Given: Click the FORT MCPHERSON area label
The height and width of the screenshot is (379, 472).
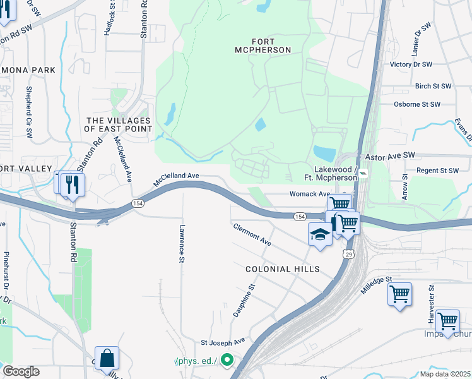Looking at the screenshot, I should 263,44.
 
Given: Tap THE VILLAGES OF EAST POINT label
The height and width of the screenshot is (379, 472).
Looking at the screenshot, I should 119,124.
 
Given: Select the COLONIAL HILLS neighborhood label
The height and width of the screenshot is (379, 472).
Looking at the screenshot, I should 282,269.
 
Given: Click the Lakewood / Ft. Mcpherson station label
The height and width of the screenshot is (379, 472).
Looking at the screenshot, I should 331,174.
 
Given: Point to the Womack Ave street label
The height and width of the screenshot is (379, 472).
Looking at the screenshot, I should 309,194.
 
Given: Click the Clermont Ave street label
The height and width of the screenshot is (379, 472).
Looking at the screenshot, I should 252,234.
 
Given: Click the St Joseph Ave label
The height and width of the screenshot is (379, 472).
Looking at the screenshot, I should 222,342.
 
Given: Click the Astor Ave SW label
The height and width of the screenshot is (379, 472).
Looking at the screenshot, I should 390,155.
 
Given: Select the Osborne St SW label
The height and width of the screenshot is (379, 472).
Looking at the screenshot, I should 422,104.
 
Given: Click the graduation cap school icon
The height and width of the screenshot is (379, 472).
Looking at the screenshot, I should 320,234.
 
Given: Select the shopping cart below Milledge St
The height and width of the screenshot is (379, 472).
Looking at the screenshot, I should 399,294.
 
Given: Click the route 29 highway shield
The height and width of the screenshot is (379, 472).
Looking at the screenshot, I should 348,253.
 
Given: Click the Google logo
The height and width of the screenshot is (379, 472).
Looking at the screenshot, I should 21,371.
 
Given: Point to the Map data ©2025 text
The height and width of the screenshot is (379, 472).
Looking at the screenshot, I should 445,374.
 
